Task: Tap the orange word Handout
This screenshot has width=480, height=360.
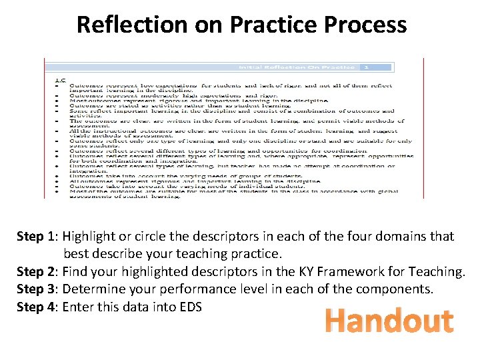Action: click(x=389, y=321)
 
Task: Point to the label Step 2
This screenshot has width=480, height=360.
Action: click(x=38, y=271)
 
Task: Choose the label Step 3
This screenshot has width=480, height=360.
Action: click(x=38, y=289)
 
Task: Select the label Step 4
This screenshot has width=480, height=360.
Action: click(x=38, y=307)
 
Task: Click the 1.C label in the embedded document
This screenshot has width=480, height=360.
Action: click(x=60, y=80)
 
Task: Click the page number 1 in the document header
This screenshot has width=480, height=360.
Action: click(x=366, y=67)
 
